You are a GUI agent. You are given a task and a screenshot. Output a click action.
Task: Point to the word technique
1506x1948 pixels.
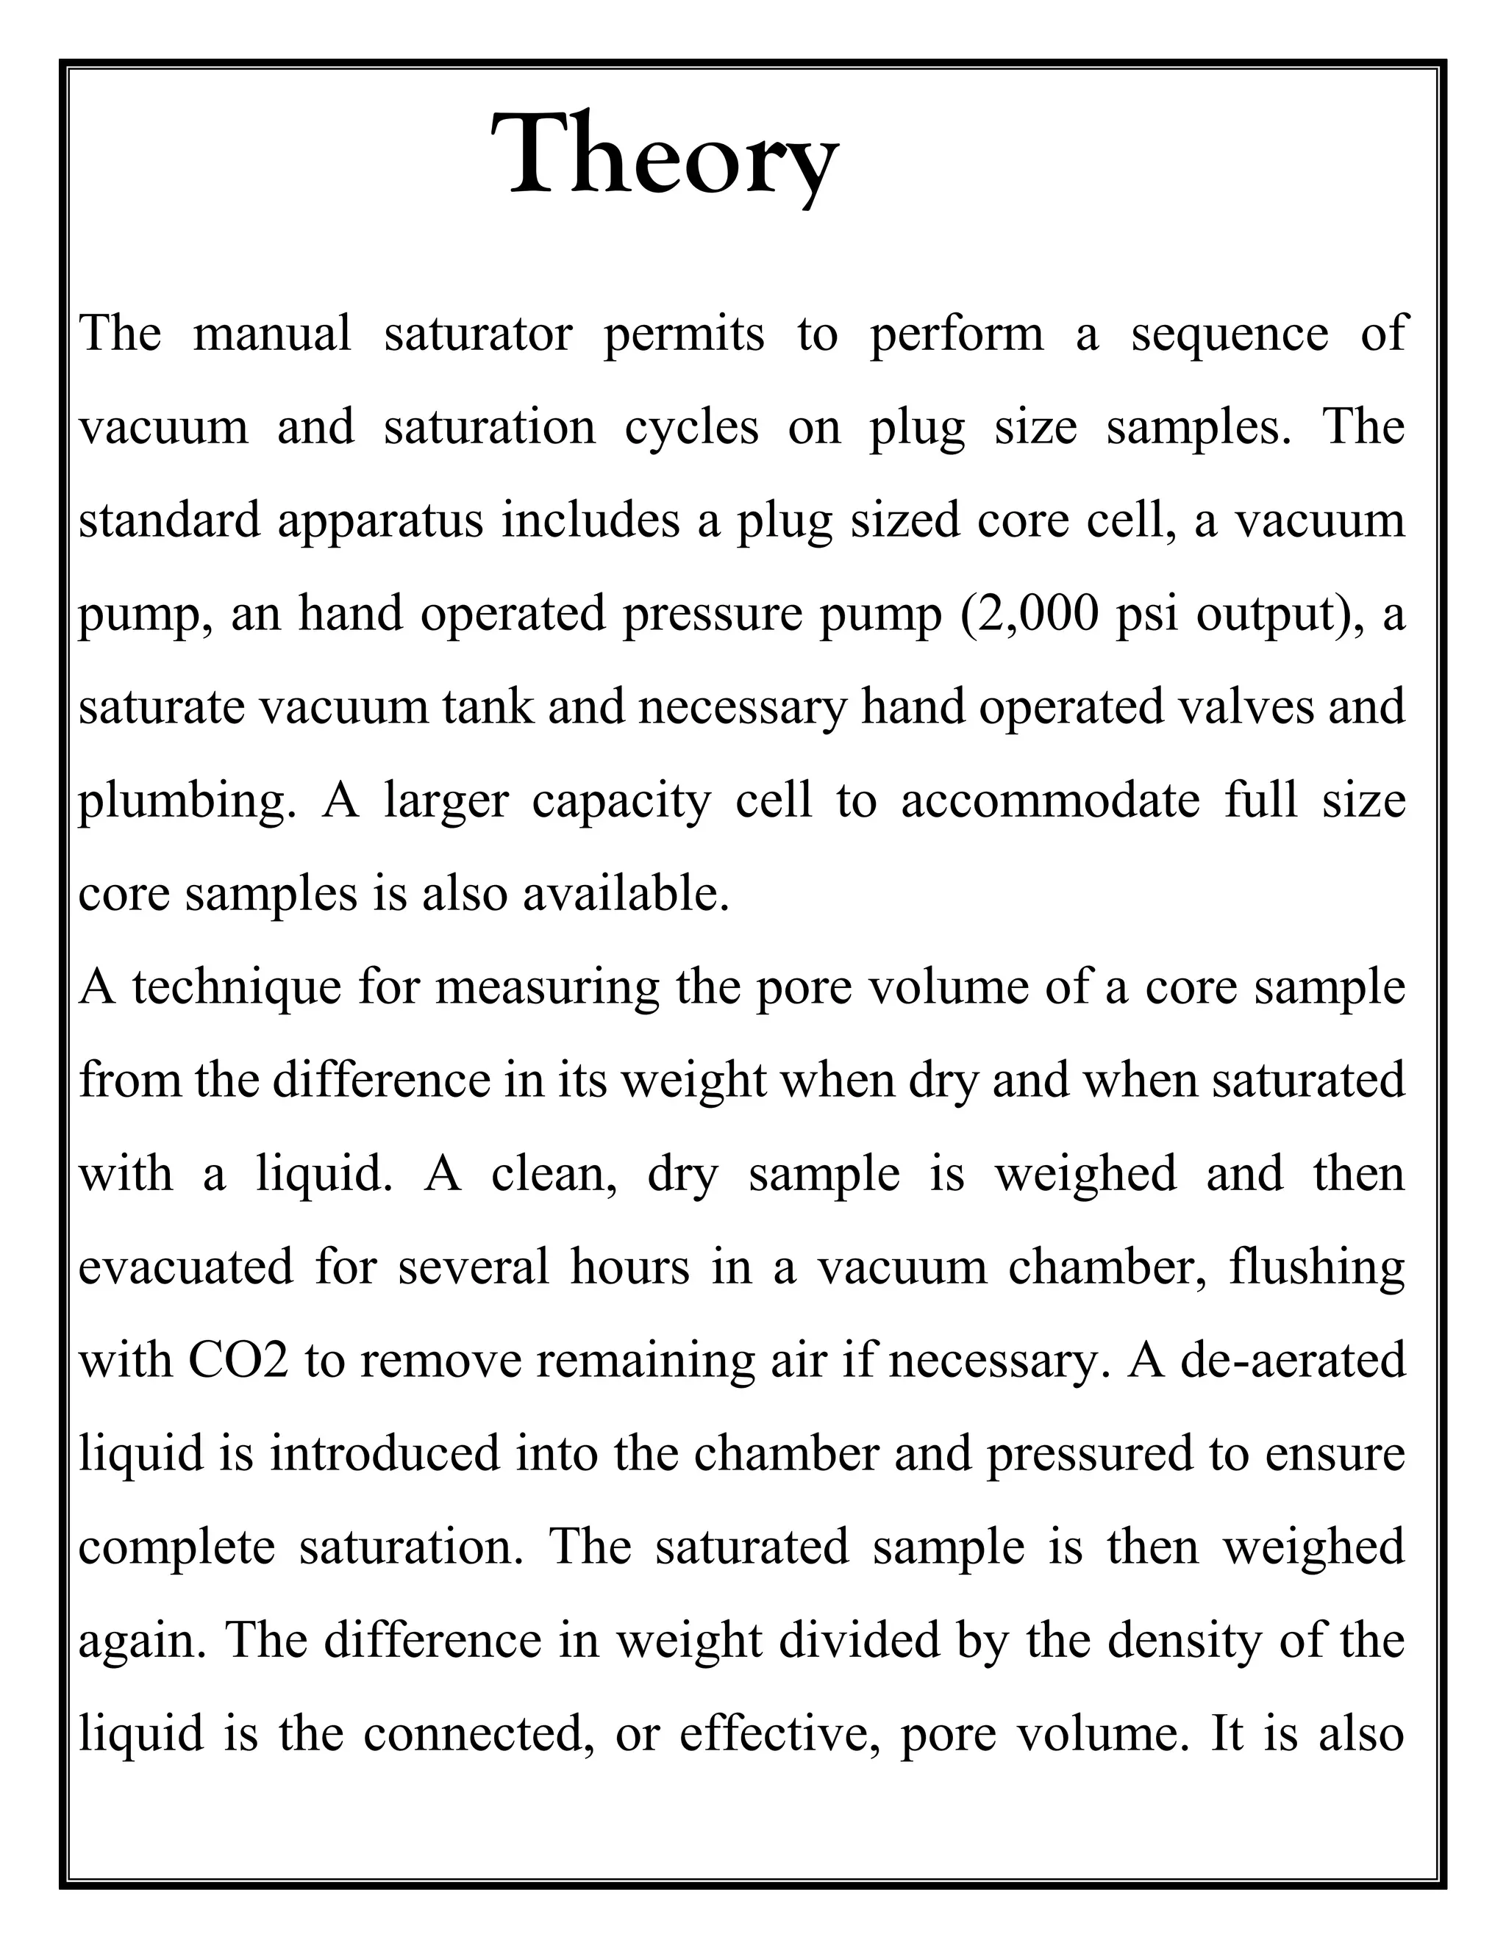[x=238, y=988]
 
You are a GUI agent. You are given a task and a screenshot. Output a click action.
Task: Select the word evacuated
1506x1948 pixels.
[x=185, y=1267]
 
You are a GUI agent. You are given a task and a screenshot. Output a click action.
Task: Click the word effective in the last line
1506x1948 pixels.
[x=784, y=1734]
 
